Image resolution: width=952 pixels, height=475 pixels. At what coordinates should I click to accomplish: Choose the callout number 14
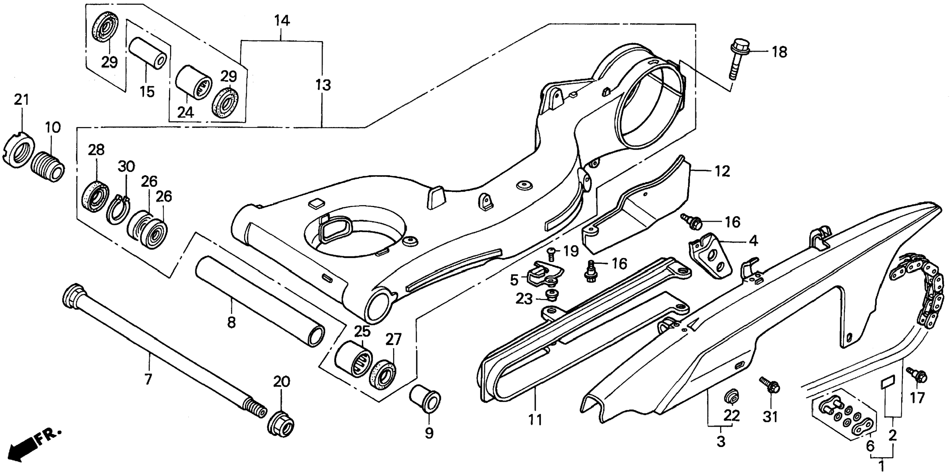click(x=282, y=21)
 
